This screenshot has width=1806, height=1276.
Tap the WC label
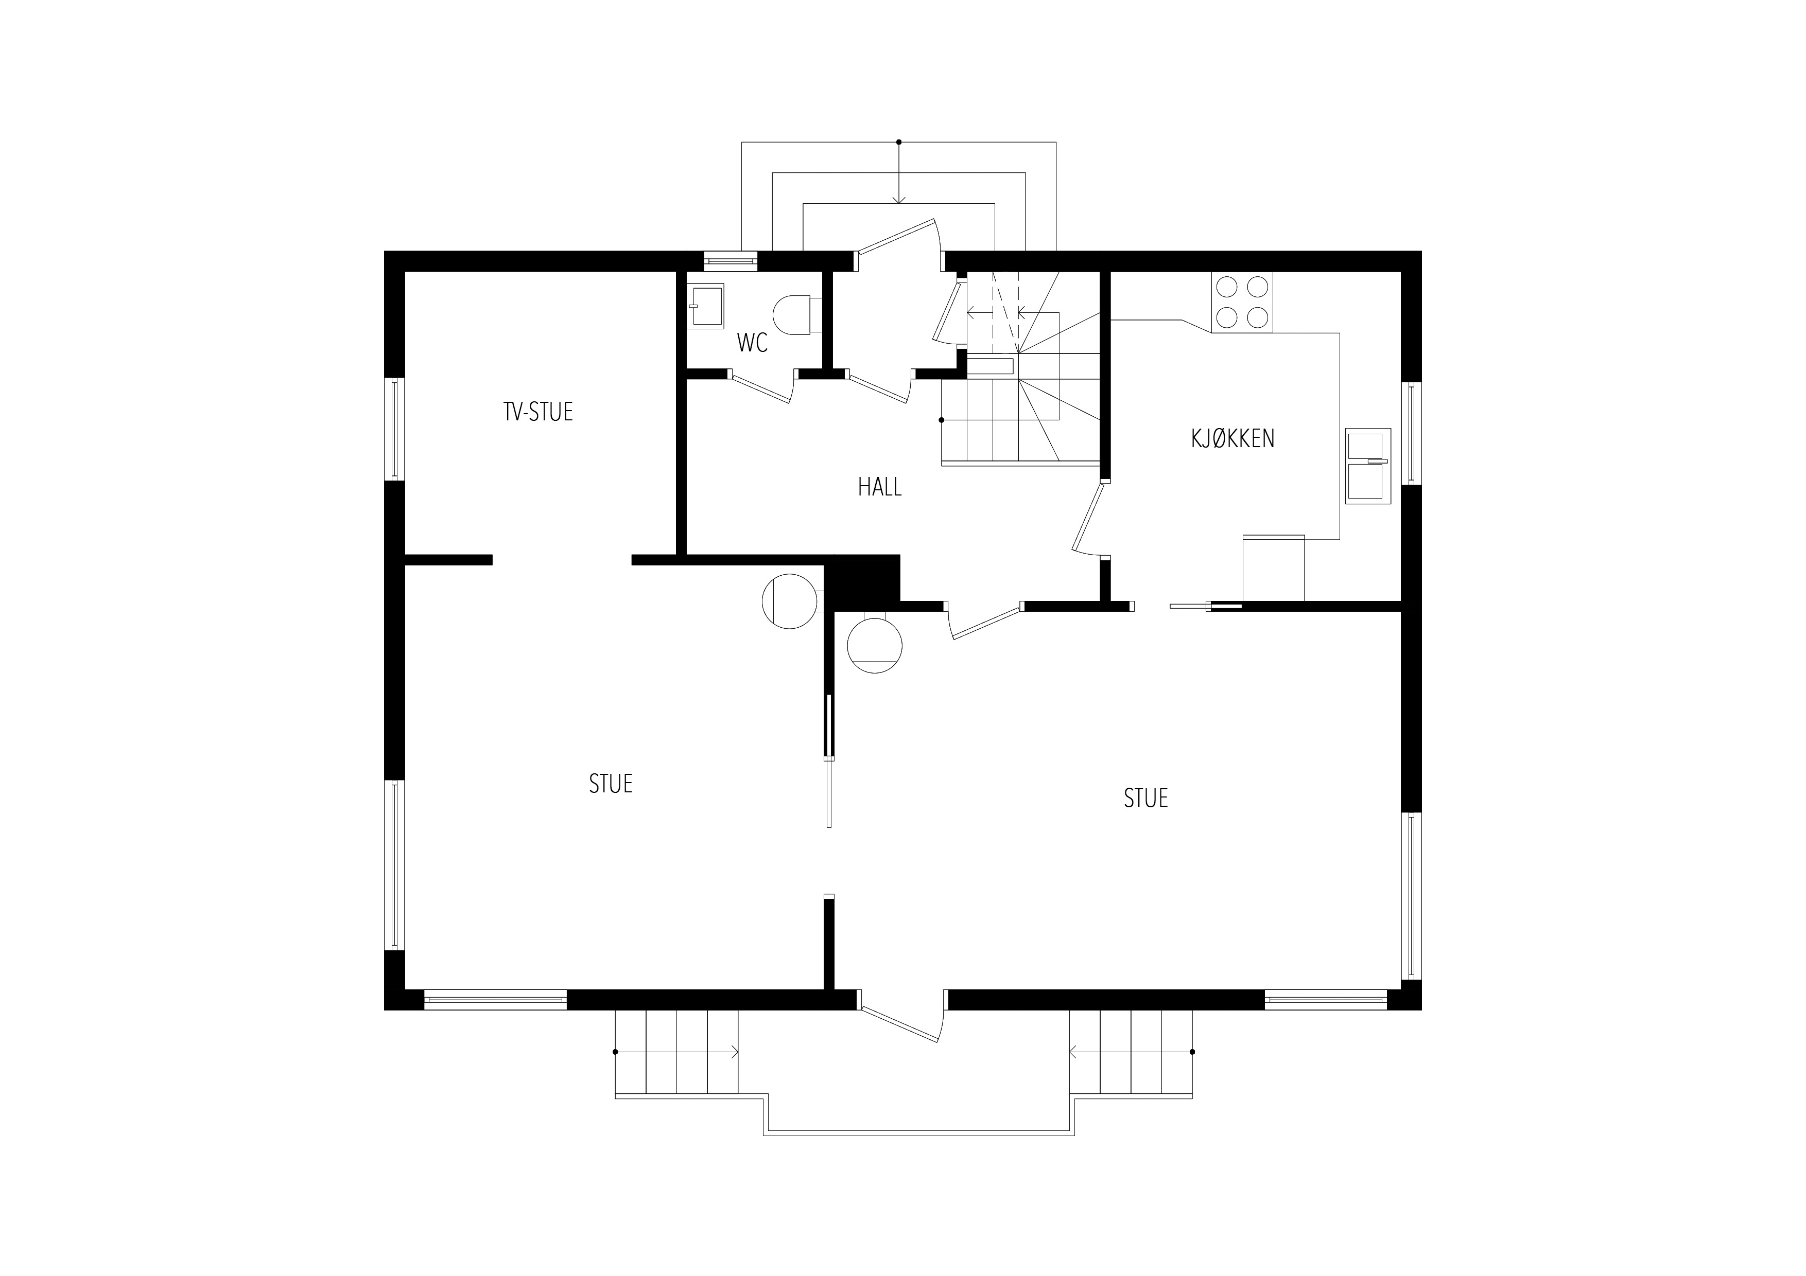point(752,343)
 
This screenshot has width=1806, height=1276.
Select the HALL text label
point(879,487)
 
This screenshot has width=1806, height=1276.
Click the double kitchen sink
point(1368,466)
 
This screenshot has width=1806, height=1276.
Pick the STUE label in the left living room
point(611,784)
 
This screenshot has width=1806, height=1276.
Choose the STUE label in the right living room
point(1145,799)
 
